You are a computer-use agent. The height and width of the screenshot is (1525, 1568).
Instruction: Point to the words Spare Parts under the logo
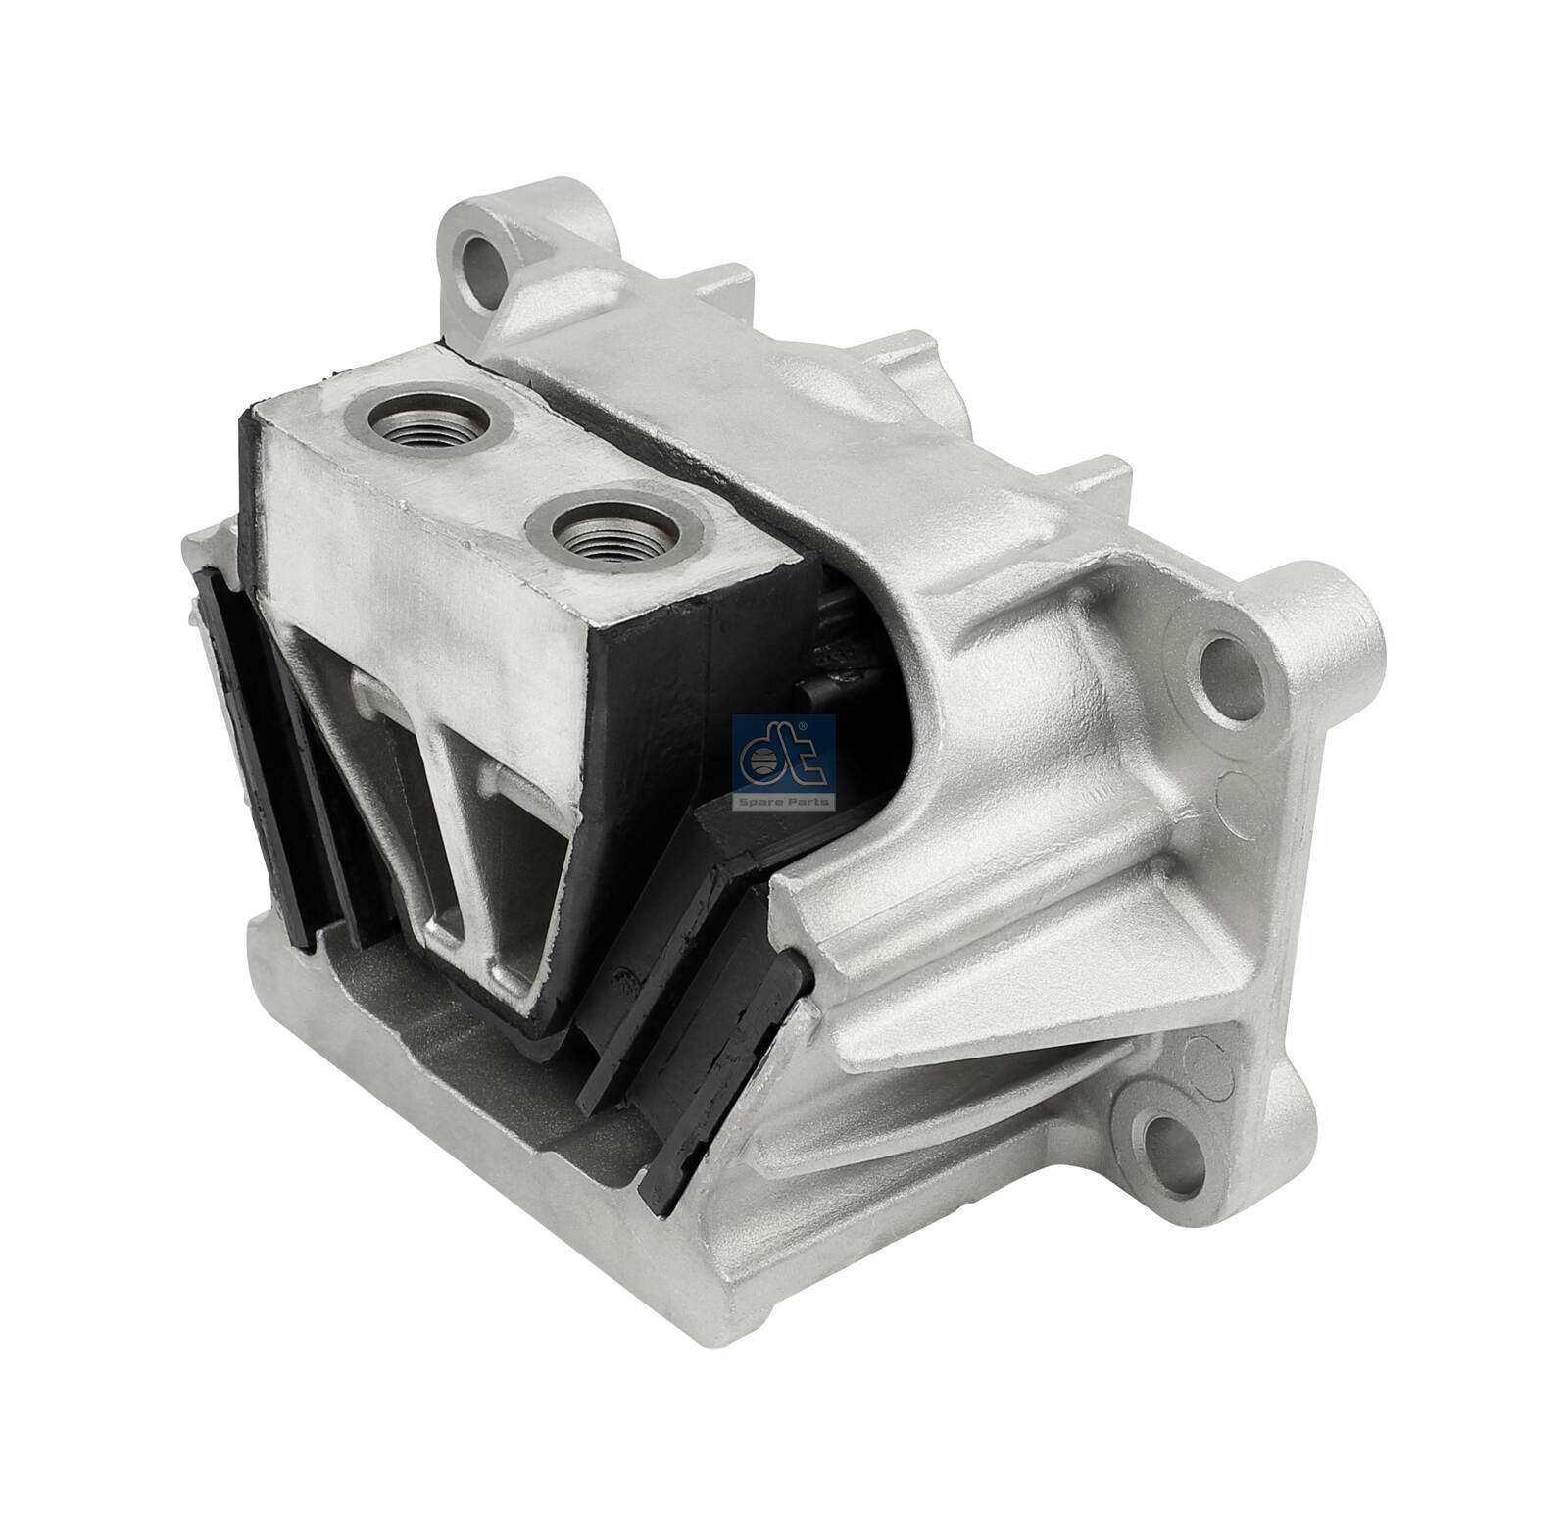coord(784,801)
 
